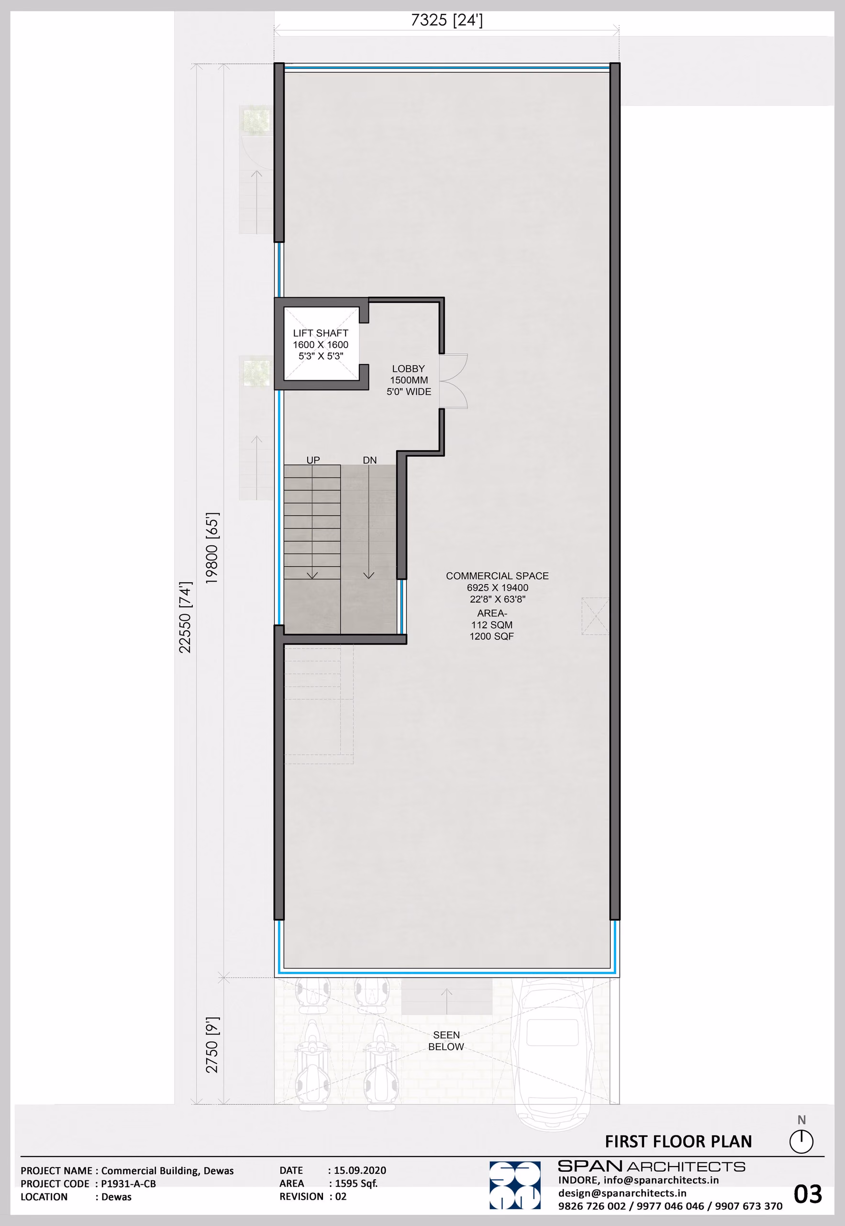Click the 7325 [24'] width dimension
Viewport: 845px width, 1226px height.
point(446,20)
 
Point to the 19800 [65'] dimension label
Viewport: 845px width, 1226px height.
point(212,548)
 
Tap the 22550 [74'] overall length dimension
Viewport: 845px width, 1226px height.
point(185,617)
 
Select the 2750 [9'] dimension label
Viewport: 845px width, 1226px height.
point(212,1045)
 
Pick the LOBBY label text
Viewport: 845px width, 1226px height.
point(408,368)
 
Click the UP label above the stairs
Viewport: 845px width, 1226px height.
point(313,460)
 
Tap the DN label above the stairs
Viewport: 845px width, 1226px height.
point(369,460)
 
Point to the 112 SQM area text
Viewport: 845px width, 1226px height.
point(492,624)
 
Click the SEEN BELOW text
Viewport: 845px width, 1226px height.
point(446,1041)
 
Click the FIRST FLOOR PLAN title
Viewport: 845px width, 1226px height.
point(678,1141)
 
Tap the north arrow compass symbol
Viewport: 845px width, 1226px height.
point(801,1141)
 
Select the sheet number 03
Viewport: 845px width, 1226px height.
point(807,1194)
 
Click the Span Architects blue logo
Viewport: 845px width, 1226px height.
point(515,1185)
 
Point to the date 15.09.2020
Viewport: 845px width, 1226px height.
point(360,1170)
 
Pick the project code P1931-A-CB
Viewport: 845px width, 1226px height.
point(129,1183)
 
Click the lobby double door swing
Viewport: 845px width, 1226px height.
point(454,381)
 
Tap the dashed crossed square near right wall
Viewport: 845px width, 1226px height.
point(595,616)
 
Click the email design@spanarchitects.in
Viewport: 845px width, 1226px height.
point(622,1193)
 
